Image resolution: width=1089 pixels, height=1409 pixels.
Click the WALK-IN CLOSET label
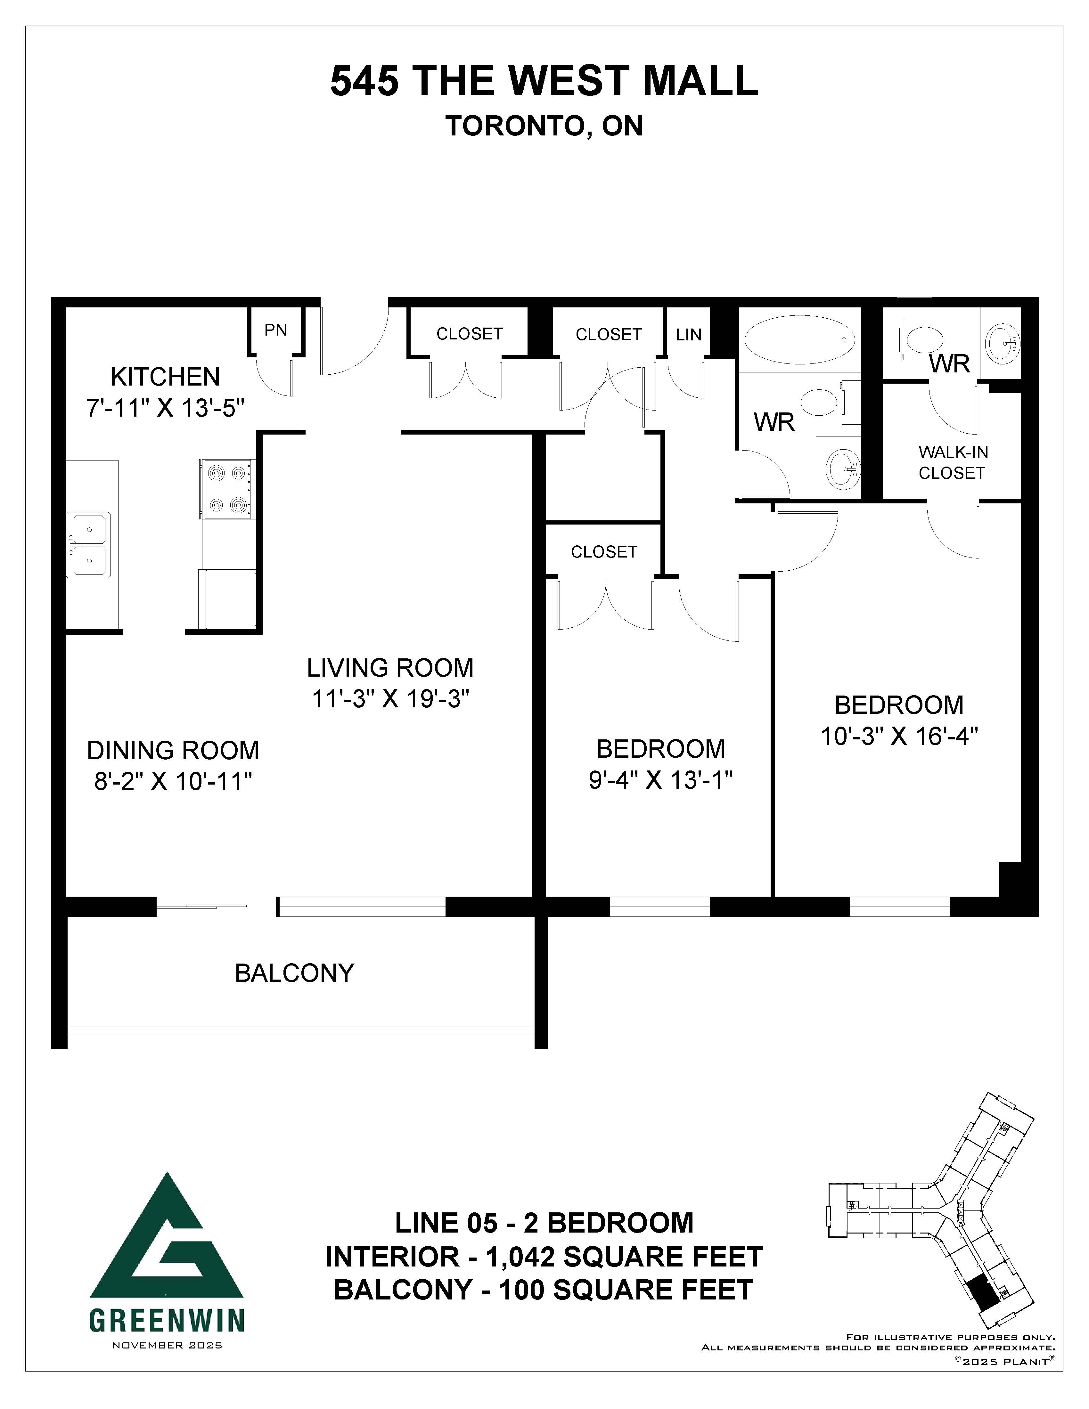(x=952, y=463)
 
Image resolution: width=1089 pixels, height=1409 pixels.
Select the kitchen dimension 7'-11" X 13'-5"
(x=166, y=408)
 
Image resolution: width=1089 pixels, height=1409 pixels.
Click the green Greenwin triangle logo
(x=167, y=1245)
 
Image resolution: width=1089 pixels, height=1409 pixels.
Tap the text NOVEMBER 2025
(x=167, y=1345)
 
